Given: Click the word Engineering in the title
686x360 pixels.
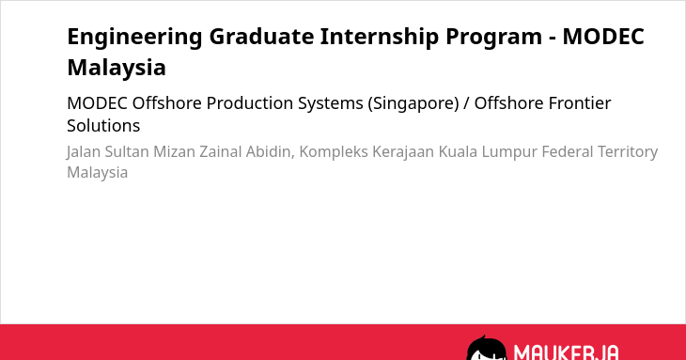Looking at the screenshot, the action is pyautogui.click(x=134, y=38).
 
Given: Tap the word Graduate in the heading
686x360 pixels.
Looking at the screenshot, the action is pyautogui.click(x=261, y=37).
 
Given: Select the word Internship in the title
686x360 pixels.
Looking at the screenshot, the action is pyautogui.click(x=380, y=38).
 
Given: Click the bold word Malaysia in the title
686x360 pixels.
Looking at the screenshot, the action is pyautogui.click(x=117, y=69).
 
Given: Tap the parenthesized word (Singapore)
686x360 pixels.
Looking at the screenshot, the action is pyautogui.click(x=413, y=104).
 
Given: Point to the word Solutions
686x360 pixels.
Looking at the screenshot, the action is pyautogui.click(x=103, y=126).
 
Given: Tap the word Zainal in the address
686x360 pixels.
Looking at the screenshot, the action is pyautogui.click(x=221, y=151).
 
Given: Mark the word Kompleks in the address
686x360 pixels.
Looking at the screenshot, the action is pyautogui.click(x=334, y=152).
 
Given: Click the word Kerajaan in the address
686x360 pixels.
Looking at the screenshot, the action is pyautogui.click(x=403, y=152).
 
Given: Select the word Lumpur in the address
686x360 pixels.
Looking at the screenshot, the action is pyautogui.click(x=509, y=152).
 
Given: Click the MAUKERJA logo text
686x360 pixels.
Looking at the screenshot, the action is pyautogui.click(x=566, y=352).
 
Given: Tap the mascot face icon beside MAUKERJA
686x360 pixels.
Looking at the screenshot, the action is pyautogui.click(x=487, y=349).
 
